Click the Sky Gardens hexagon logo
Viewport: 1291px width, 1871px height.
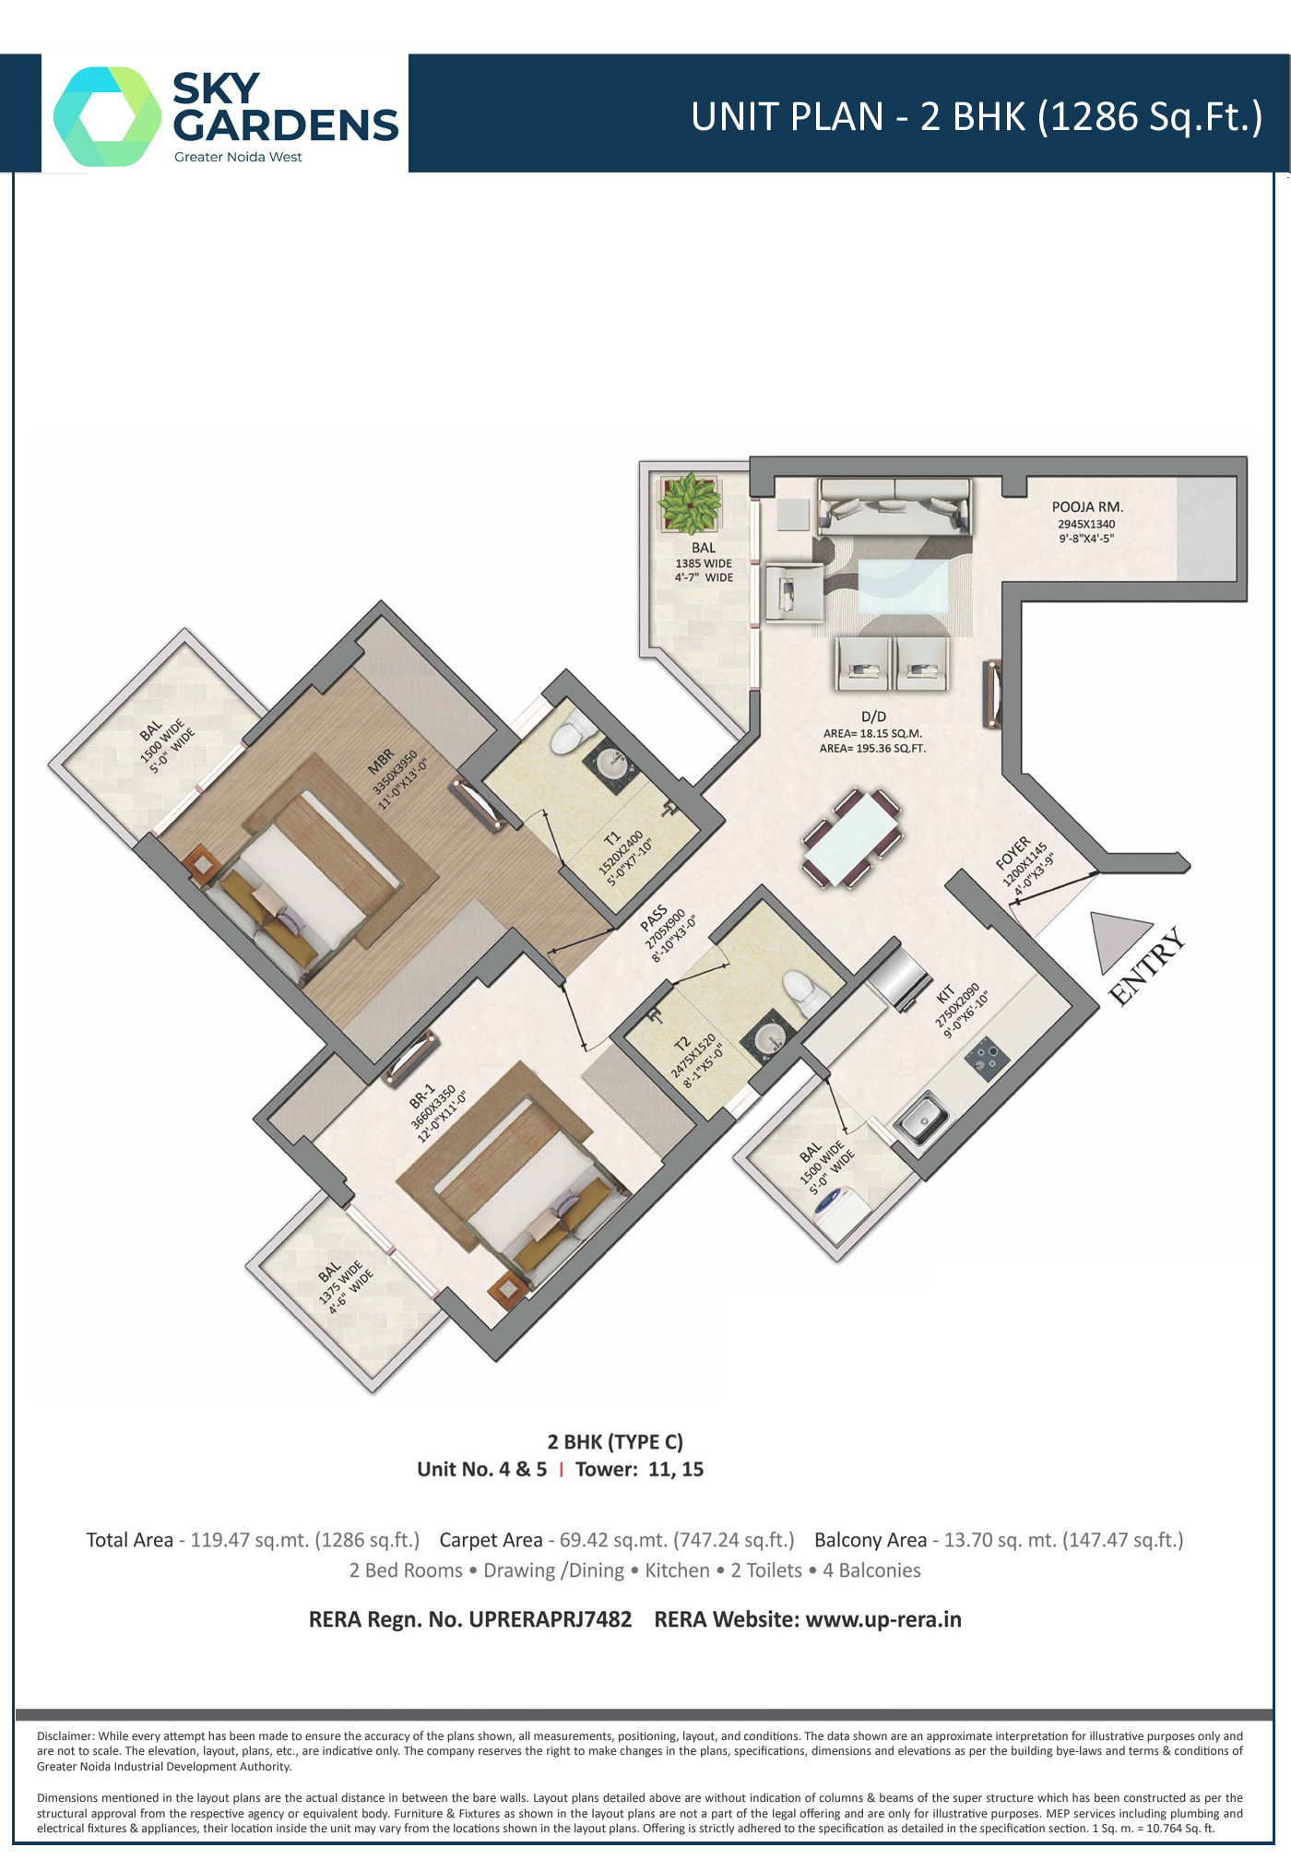point(107,116)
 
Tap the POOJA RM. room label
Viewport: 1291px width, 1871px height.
point(1087,507)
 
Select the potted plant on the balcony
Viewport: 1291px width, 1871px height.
point(688,503)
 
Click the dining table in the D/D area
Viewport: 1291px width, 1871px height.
point(853,837)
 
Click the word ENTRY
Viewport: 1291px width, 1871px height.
point(1148,966)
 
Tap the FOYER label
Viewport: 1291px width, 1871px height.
point(1013,853)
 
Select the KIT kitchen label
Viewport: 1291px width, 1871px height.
point(945,994)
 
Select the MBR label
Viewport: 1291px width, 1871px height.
point(381,761)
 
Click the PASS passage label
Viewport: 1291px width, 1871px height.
point(654,918)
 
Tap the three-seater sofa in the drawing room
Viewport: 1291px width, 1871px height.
point(894,505)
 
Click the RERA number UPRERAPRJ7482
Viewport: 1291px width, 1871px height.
point(551,1619)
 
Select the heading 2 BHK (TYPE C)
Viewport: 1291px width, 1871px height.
point(615,1441)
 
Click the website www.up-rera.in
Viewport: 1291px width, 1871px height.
point(883,1619)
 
